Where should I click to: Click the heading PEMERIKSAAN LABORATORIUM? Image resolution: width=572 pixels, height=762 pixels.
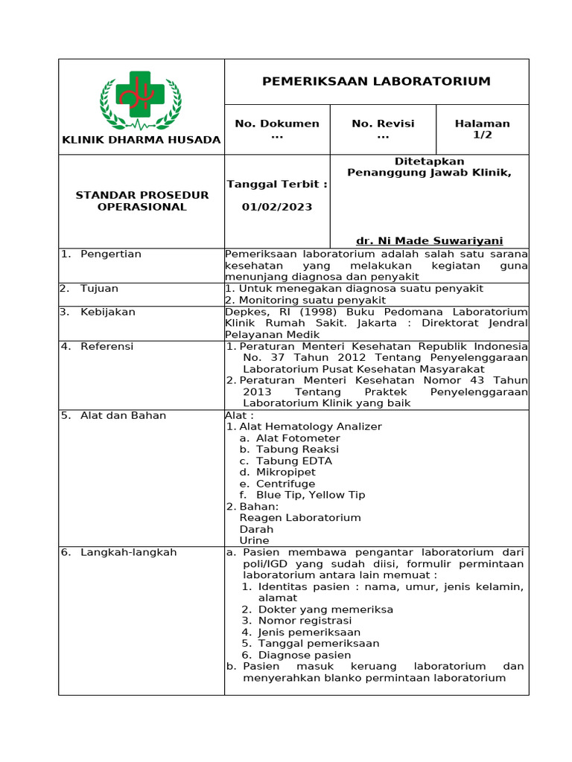(x=376, y=81)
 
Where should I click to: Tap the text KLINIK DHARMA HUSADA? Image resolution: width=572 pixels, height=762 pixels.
(x=142, y=140)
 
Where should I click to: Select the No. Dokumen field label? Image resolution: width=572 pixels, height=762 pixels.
(x=277, y=124)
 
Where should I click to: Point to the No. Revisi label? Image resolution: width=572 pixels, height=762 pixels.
(x=383, y=124)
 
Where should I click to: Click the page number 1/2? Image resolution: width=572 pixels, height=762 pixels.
(x=482, y=135)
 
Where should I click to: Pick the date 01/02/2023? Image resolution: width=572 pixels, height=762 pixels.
(x=277, y=207)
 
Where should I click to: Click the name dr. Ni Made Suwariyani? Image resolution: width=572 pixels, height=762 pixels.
(x=429, y=240)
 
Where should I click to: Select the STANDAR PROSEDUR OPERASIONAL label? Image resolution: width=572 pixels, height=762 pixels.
(x=142, y=201)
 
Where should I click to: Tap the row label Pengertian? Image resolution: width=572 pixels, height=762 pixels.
(x=110, y=254)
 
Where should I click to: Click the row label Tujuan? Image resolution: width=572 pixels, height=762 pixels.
(x=99, y=289)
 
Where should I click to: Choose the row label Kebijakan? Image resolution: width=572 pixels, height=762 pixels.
(x=107, y=312)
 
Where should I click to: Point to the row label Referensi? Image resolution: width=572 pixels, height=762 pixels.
(x=107, y=346)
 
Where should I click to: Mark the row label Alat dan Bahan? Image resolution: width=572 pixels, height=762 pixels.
(x=123, y=415)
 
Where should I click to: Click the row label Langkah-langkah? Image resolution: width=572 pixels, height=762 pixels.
(x=128, y=552)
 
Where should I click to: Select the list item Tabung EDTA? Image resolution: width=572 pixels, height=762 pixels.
(x=293, y=461)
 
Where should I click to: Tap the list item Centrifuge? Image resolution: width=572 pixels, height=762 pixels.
(x=285, y=484)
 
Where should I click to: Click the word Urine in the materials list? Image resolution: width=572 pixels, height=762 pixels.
(x=254, y=540)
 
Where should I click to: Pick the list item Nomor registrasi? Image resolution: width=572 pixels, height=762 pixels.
(x=305, y=621)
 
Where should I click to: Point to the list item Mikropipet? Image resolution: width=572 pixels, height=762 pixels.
(x=285, y=473)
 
